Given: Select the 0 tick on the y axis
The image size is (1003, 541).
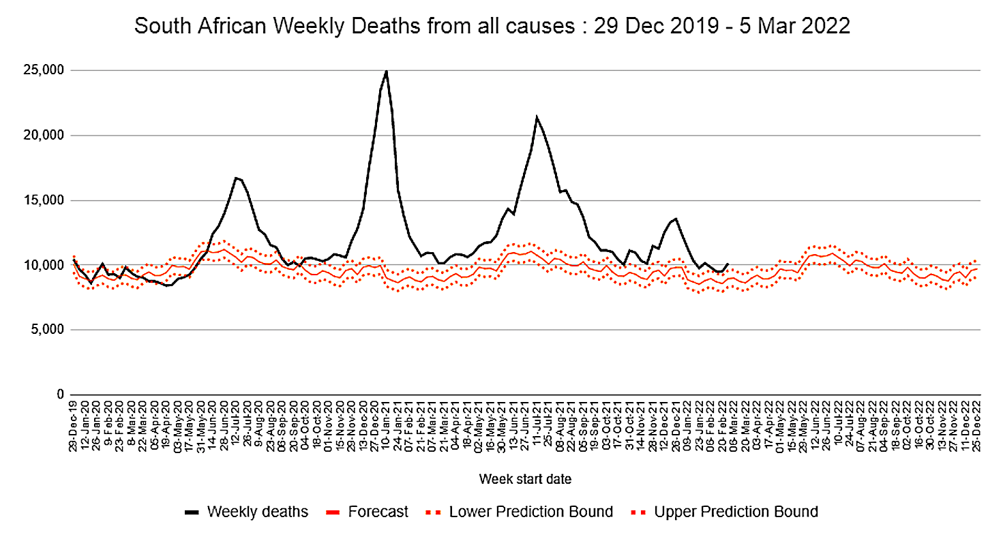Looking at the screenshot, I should (59, 395).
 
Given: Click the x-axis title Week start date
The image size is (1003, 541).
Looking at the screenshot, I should (525, 479).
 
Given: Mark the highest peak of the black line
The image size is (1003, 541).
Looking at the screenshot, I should (387, 71).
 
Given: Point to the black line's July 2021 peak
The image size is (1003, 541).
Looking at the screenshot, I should (537, 117).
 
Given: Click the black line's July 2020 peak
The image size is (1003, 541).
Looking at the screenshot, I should (236, 178).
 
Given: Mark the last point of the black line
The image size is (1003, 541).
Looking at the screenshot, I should (728, 264).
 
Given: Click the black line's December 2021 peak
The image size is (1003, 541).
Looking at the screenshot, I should (676, 219).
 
